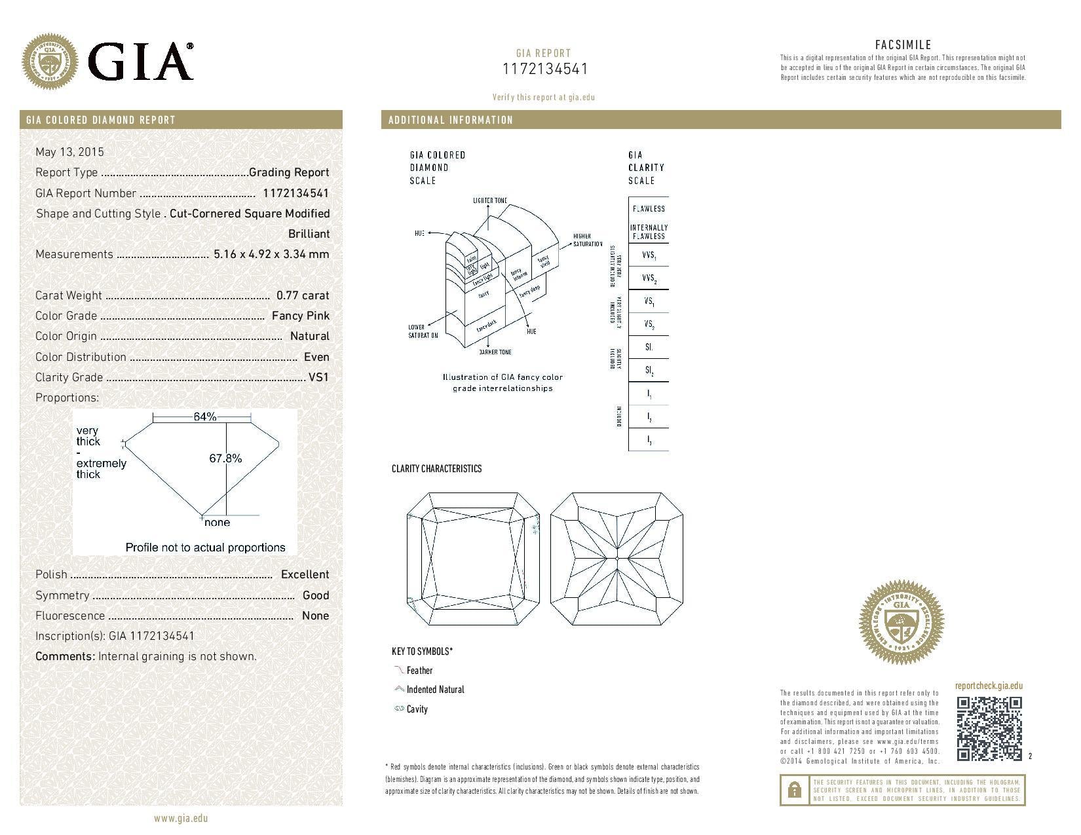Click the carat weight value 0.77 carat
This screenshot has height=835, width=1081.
coord(303,295)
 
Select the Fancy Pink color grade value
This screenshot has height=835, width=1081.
coord(301,316)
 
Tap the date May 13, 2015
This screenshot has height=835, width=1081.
coord(69,152)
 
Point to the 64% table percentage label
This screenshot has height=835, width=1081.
coord(204,417)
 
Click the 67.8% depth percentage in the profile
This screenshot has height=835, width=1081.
coord(225,458)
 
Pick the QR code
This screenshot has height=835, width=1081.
coord(989,729)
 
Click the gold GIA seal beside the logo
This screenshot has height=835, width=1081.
coord(50,63)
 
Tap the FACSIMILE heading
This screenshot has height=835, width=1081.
coord(903,45)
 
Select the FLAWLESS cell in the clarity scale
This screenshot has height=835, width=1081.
coord(649,208)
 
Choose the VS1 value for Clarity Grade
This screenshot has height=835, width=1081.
coord(318,377)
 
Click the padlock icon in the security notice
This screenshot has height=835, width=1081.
coord(794,790)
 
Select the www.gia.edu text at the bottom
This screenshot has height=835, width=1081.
coord(181,818)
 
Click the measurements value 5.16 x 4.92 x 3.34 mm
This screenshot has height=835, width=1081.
coord(271,254)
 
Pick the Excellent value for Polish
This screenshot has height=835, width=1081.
coord(305,574)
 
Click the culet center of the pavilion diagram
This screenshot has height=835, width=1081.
coord(617,558)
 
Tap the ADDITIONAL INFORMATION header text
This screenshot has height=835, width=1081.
coord(451,120)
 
